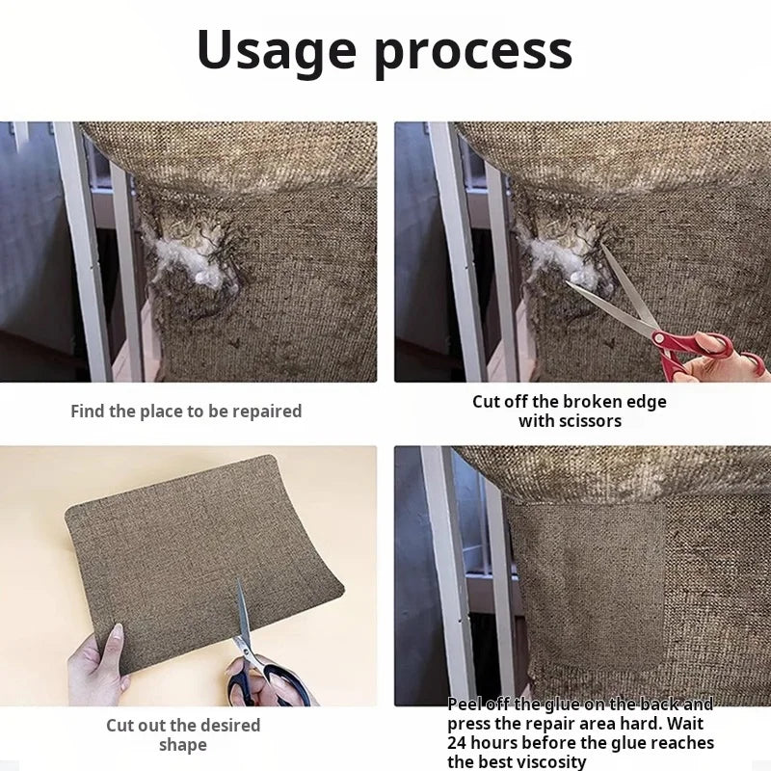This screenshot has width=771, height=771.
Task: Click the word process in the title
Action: [x=473, y=54]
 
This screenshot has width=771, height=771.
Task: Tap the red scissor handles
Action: [x=698, y=351]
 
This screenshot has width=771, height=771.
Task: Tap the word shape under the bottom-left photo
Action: [x=183, y=745]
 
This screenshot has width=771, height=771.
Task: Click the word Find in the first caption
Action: [x=88, y=412]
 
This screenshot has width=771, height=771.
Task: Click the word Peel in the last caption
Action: [x=465, y=705]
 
